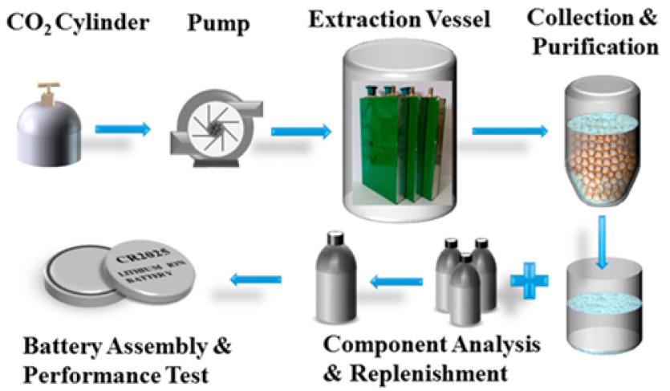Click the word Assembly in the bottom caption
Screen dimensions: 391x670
(x=152, y=347)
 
